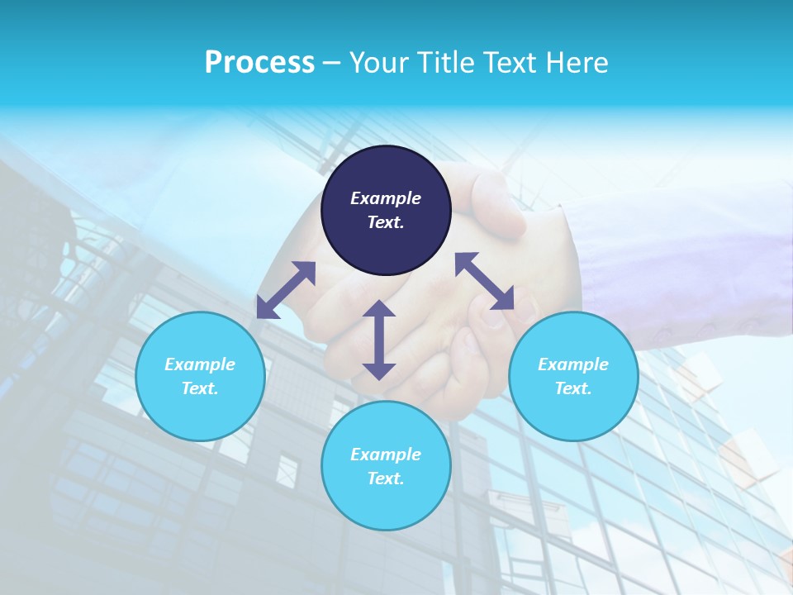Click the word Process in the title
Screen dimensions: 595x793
pyautogui.click(x=259, y=63)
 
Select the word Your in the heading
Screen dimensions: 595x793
pyautogui.click(x=378, y=63)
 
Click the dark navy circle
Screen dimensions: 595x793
pyautogui.click(x=386, y=210)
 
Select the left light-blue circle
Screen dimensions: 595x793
pyautogui.click(x=200, y=376)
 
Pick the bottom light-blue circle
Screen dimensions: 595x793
pyautogui.click(x=386, y=466)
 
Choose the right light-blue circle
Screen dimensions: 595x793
pyautogui.click(x=573, y=376)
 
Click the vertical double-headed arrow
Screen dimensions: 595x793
pyautogui.click(x=379, y=340)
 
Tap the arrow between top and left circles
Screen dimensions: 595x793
pyautogui.click(x=286, y=289)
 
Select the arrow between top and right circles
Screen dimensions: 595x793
pyautogui.click(x=485, y=281)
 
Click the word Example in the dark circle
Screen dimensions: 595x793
pyautogui.click(x=386, y=198)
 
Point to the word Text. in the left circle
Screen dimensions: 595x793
pyautogui.click(x=200, y=388)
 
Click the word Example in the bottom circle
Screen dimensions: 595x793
pyautogui.click(x=386, y=455)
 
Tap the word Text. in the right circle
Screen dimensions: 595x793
pyautogui.click(x=573, y=388)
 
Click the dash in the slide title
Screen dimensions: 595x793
pyautogui.click(x=331, y=63)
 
